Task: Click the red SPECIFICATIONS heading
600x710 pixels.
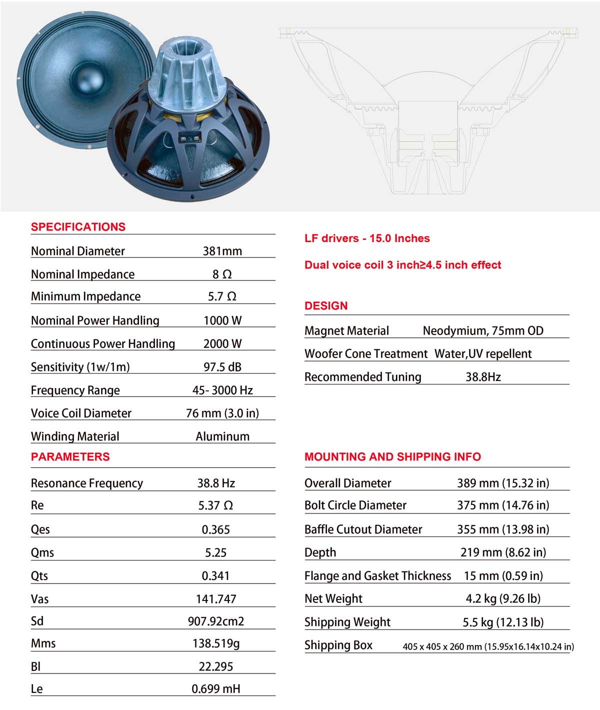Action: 78,227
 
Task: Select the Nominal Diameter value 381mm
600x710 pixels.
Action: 222,251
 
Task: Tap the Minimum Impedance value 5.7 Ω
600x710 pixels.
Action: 222,296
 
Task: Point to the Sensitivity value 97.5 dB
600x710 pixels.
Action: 222,367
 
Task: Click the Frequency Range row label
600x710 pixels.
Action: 75,390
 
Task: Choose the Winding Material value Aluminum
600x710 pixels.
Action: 222,436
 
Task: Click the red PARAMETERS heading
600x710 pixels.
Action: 70,456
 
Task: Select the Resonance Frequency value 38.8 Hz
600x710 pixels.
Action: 216,483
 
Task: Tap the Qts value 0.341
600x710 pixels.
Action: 215,575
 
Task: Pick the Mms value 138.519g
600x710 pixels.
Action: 216,643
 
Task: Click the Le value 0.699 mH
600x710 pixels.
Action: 216,689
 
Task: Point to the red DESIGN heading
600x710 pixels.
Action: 326,306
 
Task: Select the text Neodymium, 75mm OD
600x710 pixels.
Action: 483,331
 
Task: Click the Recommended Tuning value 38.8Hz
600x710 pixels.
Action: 483,377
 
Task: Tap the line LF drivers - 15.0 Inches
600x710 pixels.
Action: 367,238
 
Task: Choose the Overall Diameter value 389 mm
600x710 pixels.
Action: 503,483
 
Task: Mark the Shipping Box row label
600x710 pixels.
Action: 338,645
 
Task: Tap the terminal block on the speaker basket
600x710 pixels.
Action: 190,139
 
